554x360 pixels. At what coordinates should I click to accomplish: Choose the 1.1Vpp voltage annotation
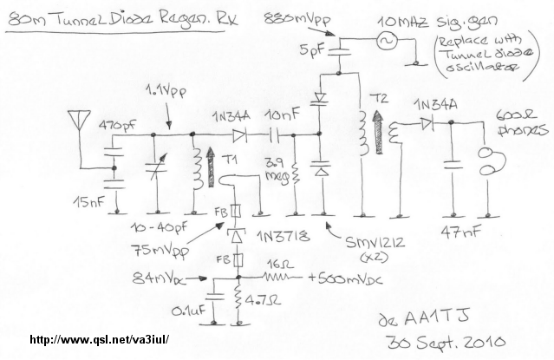click(162, 89)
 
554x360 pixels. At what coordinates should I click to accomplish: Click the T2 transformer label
click(379, 97)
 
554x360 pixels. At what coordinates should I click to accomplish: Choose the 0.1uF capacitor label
click(190, 310)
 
